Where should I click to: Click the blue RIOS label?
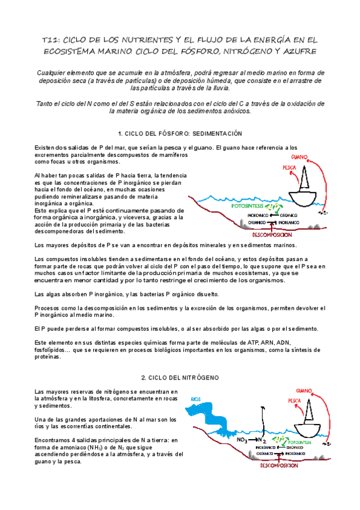click(x=195, y=398)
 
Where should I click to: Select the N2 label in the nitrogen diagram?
click(x=263, y=440)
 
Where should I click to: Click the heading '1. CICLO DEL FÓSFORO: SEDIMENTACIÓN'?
click(x=180, y=133)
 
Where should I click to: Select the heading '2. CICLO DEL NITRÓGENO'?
click(x=180, y=377)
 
